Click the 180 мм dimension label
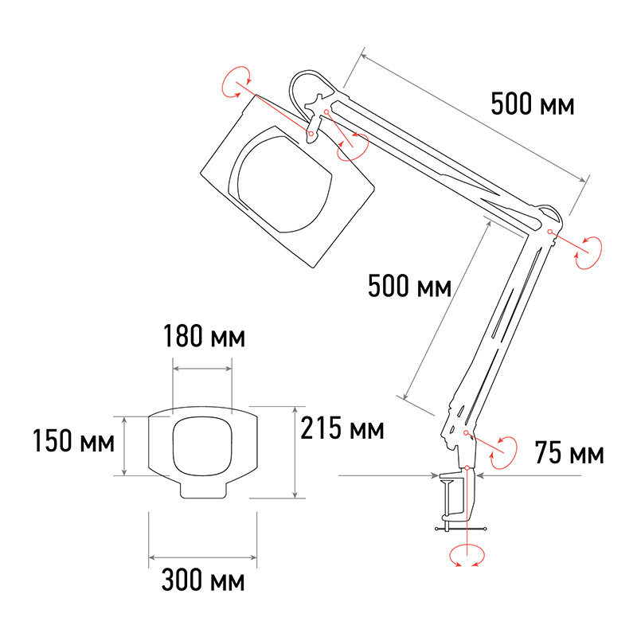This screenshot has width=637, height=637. point(205,336)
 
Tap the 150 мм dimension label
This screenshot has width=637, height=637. point(73,441)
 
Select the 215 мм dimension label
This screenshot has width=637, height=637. point(342,428)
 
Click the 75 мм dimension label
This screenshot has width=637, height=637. point(569,452)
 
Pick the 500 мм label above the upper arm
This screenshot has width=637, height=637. point(533,104)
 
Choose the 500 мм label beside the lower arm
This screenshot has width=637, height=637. point(409,286)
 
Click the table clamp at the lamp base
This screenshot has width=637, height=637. point(457,499)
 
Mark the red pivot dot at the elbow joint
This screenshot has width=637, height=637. point(549,232)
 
